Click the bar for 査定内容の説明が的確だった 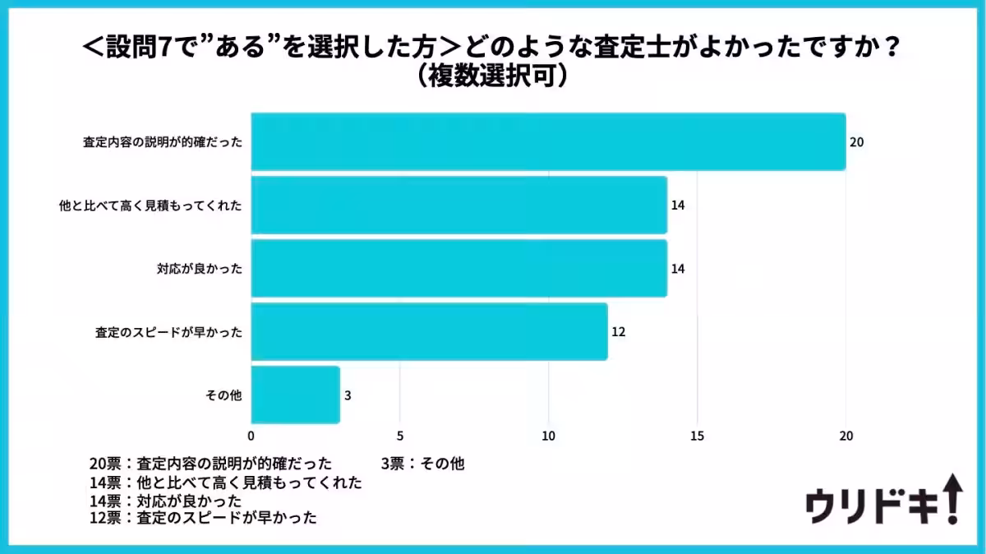point(548,141)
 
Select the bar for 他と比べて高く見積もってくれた point(458,205)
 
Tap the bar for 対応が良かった point(458,268)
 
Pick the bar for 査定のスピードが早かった point(429,331)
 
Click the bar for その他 point(295,395)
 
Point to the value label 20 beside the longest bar point(856,142)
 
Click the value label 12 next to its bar point(618,332)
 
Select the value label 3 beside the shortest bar point(348,395)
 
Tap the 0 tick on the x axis point(251,436)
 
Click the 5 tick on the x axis point(400,436)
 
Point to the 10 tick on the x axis point(549,436)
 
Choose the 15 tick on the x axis point(698,436)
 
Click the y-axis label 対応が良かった point(200,269)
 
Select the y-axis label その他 point(223,395)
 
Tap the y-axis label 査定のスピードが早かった point(168,332)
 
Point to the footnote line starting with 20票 point(210,464)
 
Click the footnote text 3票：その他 point(422,464)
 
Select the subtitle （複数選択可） point(492,76)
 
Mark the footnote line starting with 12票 point(203,518)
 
